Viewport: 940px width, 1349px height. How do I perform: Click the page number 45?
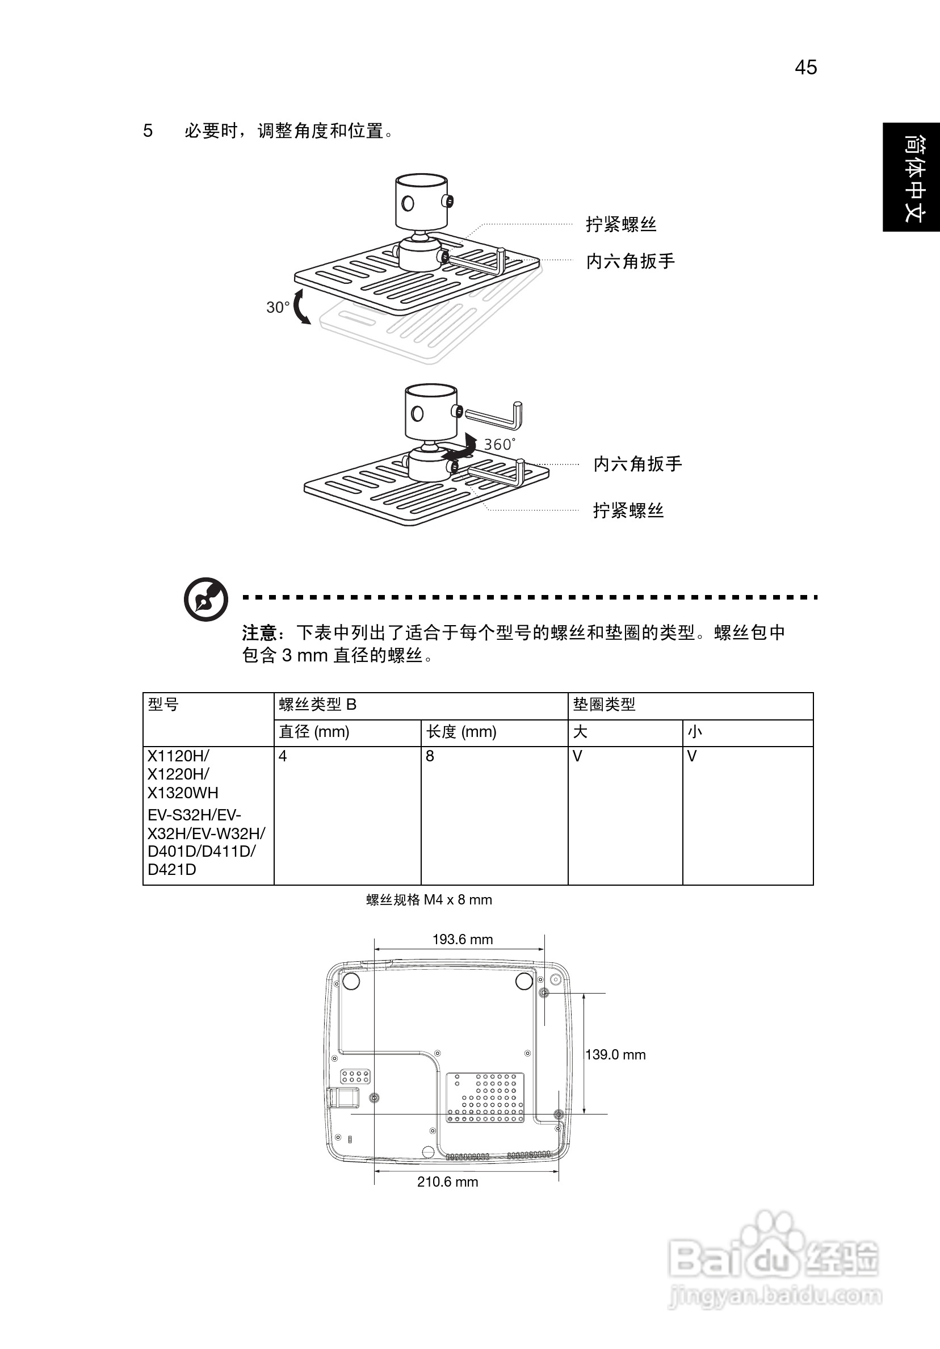(805, 68)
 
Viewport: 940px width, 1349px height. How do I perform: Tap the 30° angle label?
(278, 307)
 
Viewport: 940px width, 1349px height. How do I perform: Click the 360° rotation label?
(500, 444)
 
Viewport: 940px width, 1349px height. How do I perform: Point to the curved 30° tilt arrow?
(301, 307)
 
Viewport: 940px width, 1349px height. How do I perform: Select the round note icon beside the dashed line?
(205, 600)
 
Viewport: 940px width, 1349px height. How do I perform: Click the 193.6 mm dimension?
(463, 939)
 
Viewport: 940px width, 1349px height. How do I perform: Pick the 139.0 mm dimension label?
(615, 1054)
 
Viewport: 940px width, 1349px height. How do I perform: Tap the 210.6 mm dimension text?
(448, 1182)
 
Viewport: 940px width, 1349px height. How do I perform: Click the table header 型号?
(163, 704)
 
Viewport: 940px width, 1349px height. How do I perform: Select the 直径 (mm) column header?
(314, 731)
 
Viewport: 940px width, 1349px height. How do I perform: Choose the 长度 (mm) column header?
(461, 731)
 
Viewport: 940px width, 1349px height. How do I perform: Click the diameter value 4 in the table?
(283, 756)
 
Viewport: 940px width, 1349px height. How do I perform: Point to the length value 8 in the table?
(430, 756)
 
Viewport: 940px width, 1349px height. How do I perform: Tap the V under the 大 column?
(577, 756)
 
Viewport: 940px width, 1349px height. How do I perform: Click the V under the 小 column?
(692, 756)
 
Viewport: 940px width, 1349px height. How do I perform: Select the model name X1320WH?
(183, 793)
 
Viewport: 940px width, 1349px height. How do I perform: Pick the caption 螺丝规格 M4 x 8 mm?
(429, 899)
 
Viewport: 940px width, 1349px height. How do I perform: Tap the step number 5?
(148, 131)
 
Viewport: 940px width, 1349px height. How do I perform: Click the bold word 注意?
(259, 633)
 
